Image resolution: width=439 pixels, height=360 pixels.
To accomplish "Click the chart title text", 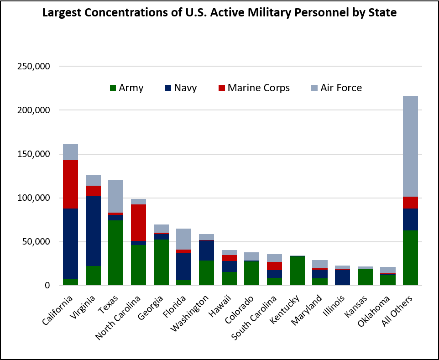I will coord(219,12).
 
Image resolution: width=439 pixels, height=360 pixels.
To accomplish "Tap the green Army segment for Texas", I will coord(116,253).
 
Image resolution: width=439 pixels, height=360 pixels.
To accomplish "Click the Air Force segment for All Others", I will coord(410,146).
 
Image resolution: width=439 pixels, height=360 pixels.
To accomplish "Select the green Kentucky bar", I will coord(297,271).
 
